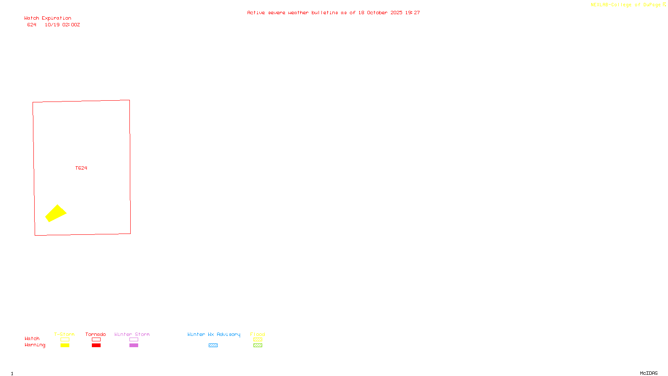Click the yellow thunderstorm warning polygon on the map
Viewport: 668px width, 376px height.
coord(56,213)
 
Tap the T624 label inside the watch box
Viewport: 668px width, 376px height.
coord(81,168)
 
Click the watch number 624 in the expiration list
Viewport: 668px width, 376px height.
coord(32,25)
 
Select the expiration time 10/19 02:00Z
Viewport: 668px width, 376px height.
coord(62,25)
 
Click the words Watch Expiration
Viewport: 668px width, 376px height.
coord(48,18)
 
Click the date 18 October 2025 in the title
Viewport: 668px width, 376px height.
coord(380,13)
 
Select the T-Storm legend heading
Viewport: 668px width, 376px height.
coord(64,334)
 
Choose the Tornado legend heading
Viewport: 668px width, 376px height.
coord(96,334)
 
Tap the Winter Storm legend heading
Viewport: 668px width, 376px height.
coord(132,334)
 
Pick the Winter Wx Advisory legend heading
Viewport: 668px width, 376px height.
coord(214,334)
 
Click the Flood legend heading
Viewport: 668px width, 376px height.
coord(258,334)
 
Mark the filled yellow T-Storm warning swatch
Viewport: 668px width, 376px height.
coord(65,346)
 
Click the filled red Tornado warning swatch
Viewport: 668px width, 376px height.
coord(96,346)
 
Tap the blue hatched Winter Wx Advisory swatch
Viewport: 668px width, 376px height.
coord(213,346)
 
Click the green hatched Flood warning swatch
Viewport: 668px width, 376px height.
coord(258,346)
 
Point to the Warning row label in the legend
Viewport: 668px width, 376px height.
coord(35,345)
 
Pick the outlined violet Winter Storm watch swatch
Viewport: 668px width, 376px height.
coord(134,340)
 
